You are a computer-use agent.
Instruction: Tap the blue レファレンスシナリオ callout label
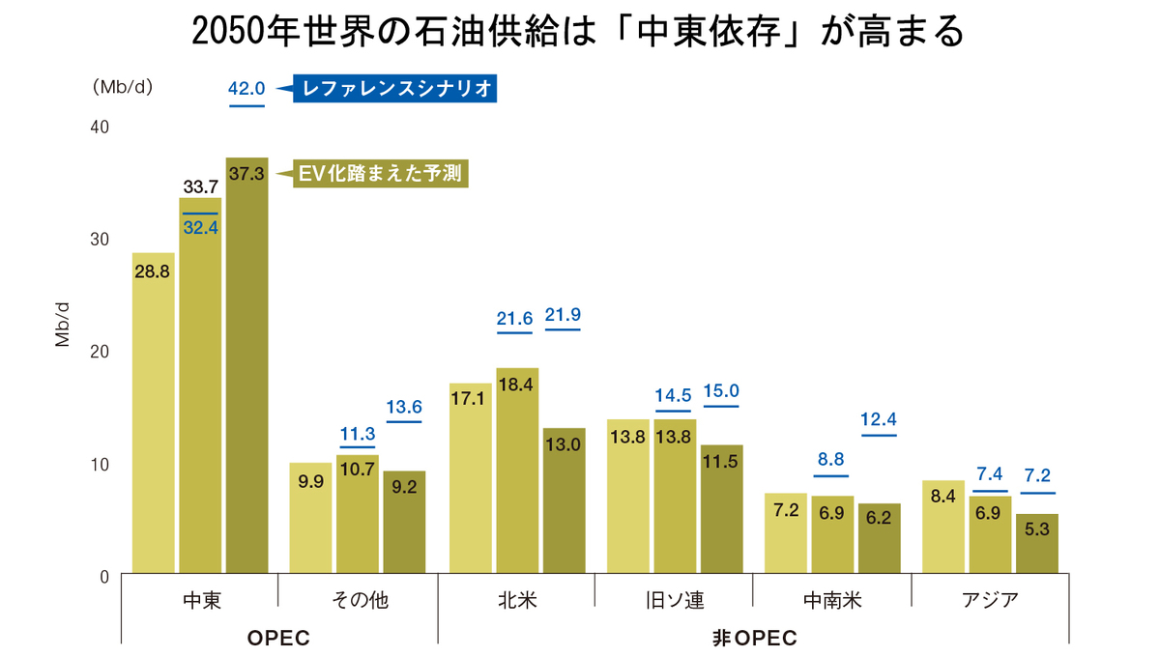(x=397, y=90)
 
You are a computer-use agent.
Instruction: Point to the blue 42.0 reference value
(x=246, y=89)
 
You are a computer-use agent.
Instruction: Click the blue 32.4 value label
(x=200, y=230)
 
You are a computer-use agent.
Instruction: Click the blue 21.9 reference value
(x=563, y=315)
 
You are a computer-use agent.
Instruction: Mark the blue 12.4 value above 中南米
(x=879, y=419)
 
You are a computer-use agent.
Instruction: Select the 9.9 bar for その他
(x=310, y=519)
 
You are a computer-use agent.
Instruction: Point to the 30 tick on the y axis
(x=100, y=239)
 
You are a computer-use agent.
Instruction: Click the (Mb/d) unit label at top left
(x=123, y=86)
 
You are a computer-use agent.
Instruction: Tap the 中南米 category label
(x=831, y=600)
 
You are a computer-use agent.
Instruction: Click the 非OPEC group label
(x=755, y=639)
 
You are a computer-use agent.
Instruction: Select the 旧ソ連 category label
(x=674, y=600)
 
